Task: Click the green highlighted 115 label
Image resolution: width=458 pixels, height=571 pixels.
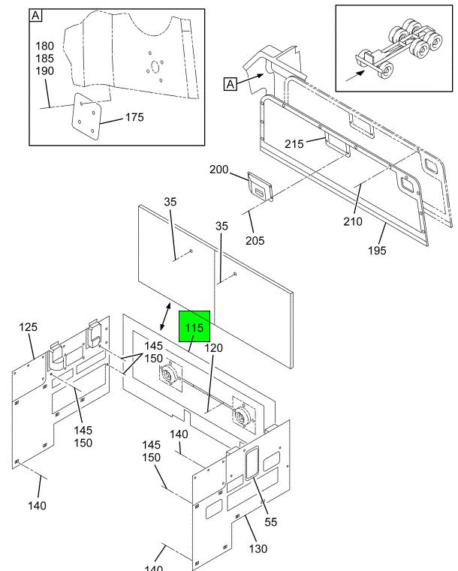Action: click(x=194, y=328)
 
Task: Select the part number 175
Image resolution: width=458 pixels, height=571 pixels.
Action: click(x=134, y=117)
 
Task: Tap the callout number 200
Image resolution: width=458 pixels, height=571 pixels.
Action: click(x=218, y=170)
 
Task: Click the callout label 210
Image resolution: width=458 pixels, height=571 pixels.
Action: click(x=353, y=221)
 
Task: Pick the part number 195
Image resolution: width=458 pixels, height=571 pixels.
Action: click(x=377, y=251)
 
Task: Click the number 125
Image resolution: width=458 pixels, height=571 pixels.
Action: click(x=29, y=328)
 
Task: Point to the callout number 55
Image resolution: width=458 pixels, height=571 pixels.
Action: click(x=270, y=522)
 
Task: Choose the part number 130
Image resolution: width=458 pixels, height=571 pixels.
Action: click(x=258, y=548)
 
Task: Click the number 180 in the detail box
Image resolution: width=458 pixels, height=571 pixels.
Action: click(x=44, y=47)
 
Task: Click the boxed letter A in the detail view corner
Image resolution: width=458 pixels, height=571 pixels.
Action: click(x=37, y=15)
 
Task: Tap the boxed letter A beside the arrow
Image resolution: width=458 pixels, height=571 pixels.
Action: click(x=231, y=84)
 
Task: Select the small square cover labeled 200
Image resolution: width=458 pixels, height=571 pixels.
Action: click(x=260, y=187)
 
